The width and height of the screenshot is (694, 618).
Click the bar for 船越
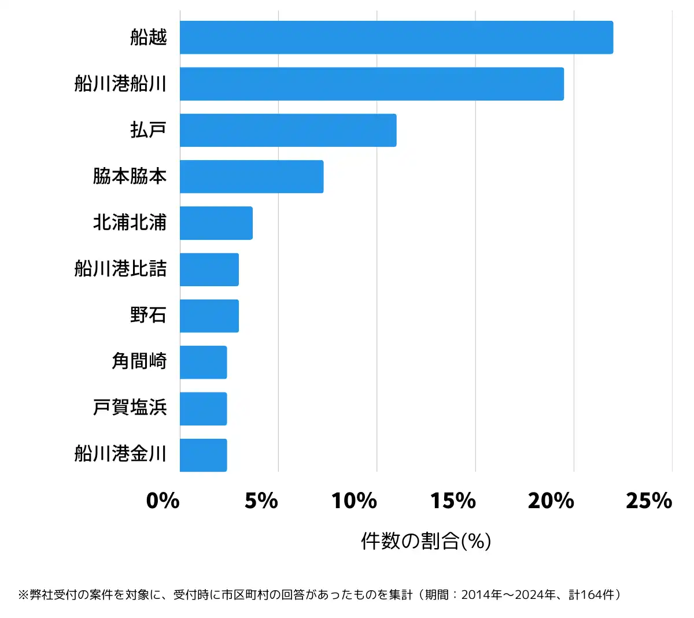396,38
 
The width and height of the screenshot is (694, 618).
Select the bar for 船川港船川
371,84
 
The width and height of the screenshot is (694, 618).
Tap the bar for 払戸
288,130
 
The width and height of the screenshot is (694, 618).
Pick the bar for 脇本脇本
252,176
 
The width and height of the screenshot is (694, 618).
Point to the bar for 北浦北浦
216,223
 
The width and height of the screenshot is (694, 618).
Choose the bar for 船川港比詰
209,269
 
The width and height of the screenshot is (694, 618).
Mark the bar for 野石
209,316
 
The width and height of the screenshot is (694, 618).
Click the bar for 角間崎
203,362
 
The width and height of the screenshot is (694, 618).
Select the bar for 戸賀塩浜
203,409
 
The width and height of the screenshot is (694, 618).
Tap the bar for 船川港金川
203,455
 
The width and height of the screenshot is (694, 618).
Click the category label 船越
149,38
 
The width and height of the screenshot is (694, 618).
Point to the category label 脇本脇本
130,176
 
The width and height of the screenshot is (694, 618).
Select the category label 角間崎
139,362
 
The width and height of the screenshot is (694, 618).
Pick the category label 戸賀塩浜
130,408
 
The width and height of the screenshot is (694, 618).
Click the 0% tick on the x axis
163,501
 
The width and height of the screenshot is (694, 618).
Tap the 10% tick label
354,501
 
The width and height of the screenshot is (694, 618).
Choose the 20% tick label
551,501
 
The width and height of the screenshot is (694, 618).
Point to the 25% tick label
649,501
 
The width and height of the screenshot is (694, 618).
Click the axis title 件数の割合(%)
426,541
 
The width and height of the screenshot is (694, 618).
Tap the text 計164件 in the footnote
592,594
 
